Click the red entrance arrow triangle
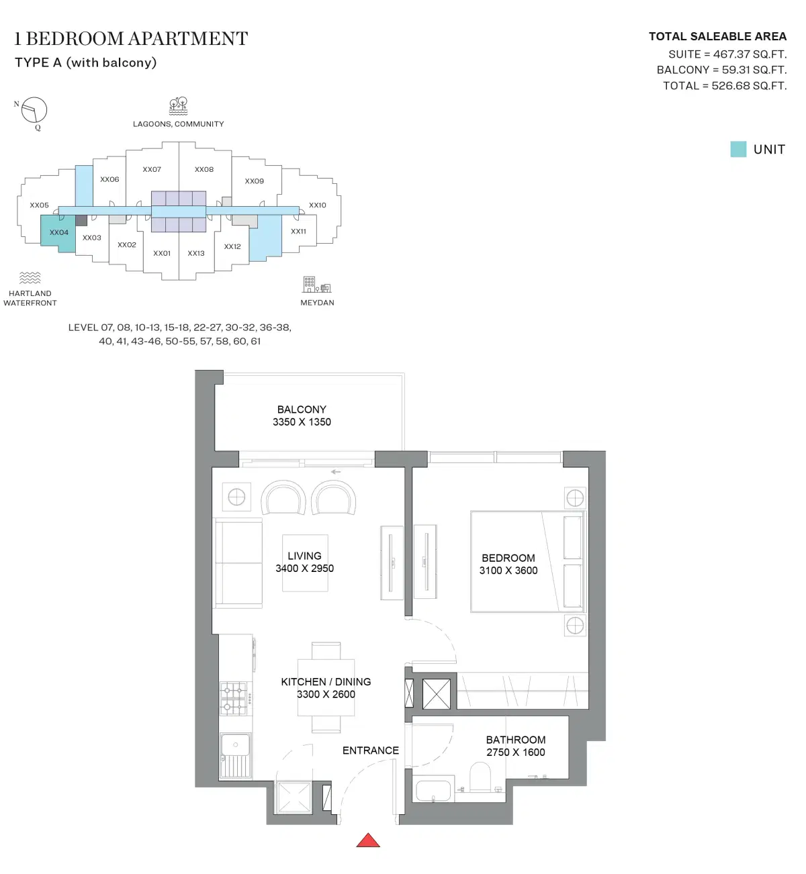(x=368, y=840)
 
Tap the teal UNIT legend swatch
(x=738, y=149)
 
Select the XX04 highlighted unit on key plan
(x=58, y=232)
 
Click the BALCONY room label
(x=302, y=409)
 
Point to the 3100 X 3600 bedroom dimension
(x=508, y=571)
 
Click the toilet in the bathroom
(x=480, y=777)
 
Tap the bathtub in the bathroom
(x=434, y=790)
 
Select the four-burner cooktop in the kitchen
(x=234, y=698)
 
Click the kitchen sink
(x=236, y=744)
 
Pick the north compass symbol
(x=34, y=110)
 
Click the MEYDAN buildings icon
(x=316, y=285)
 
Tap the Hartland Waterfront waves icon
(x=30, y=278)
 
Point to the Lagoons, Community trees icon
(x=178, y=106)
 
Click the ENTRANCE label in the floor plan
(x=371, y=750)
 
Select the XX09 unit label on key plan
(x=255, y=181)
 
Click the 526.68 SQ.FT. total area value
(x=749, y=86)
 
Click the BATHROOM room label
(x=516, y=740)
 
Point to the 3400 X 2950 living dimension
(x=304, y=569)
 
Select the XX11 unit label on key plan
(x=298, y=232)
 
